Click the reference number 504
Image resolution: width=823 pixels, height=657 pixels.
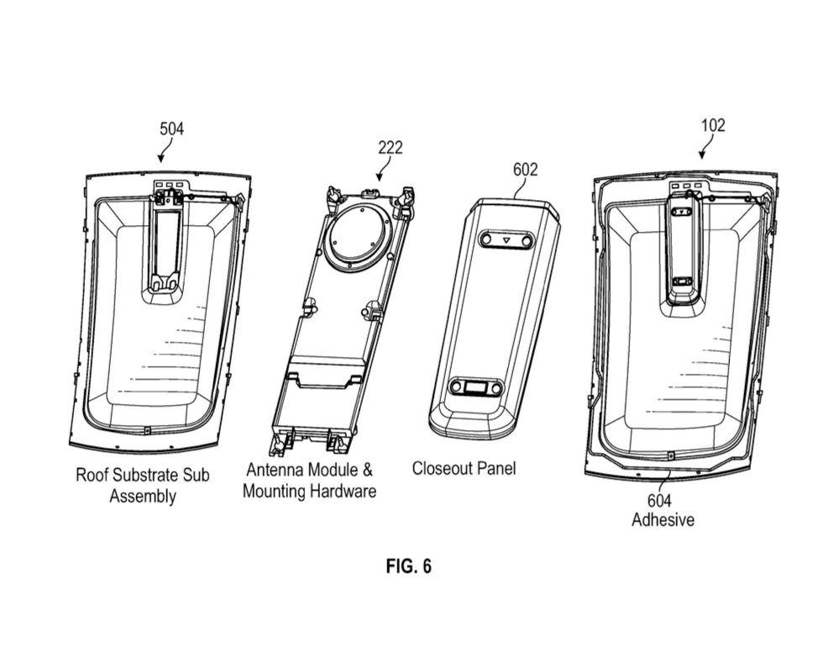[x=171, y=129]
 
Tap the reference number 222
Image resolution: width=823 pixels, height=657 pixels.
[x=390, y=148]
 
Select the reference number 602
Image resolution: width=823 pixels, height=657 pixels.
[x=526, y=170]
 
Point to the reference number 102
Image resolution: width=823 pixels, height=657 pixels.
[x=713, y=125]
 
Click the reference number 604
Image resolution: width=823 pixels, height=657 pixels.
[x=659, y=501]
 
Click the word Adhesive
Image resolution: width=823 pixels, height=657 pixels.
[x=663, y=520]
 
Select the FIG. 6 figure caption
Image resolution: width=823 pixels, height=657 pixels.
[x=408, y=566]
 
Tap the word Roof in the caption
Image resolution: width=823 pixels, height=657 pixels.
[x=92, y=475]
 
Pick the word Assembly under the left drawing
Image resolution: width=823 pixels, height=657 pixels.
[x=143, y=497]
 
